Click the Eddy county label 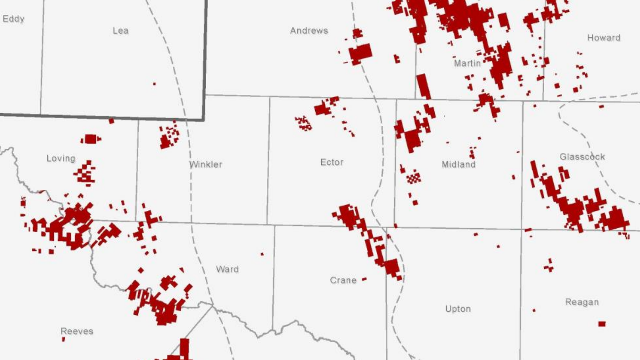pos(13,19)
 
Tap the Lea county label pos(120,31)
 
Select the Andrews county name pos(309,31)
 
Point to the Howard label pos(604,37)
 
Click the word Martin pos(467,63)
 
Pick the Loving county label pos(61,158)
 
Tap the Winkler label pos(206,164)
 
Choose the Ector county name pos(332,162)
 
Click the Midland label pos(458,164)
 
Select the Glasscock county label pos(582,157)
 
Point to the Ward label pos(227,269)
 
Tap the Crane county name pos(343,280)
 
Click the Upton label pos(458,309)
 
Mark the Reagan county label pos(582,302)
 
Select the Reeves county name pos(77,331)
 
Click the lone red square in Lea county pos(154,84)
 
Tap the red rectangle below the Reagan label pos(602,324)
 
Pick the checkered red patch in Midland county pos(413,177)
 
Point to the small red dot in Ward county pos(262,254)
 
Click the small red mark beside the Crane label pos(364,279)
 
